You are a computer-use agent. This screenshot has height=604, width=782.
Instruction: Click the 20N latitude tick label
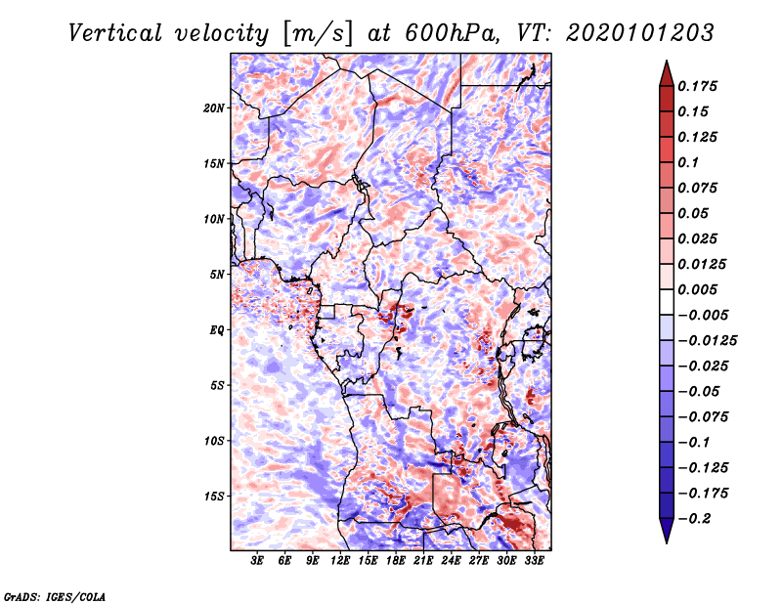click(215, 108)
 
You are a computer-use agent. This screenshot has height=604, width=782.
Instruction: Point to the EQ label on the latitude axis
click(217, 330)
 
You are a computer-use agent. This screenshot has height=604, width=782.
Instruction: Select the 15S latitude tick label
click(215, 496)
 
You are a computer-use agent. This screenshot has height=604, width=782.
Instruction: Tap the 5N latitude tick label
click(218, 275)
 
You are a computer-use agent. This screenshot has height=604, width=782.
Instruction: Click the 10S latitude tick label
click(215, 441)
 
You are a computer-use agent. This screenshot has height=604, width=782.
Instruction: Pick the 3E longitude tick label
click(258, 561)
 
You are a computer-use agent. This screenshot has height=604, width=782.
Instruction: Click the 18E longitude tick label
click(396, 561)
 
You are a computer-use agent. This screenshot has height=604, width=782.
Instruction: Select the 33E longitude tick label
click(534, 561)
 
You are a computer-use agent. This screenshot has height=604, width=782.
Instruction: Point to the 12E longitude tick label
click(341, 561)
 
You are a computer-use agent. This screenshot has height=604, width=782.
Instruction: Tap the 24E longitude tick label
click(452, 561)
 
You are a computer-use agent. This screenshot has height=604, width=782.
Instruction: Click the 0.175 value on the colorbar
click(700, 86)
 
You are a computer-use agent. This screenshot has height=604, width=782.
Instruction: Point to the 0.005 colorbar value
click(700, 289)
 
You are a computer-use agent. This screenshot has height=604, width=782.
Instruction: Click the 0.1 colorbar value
click(693, 162)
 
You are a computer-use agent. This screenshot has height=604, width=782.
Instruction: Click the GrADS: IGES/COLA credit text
click(54, 595)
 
